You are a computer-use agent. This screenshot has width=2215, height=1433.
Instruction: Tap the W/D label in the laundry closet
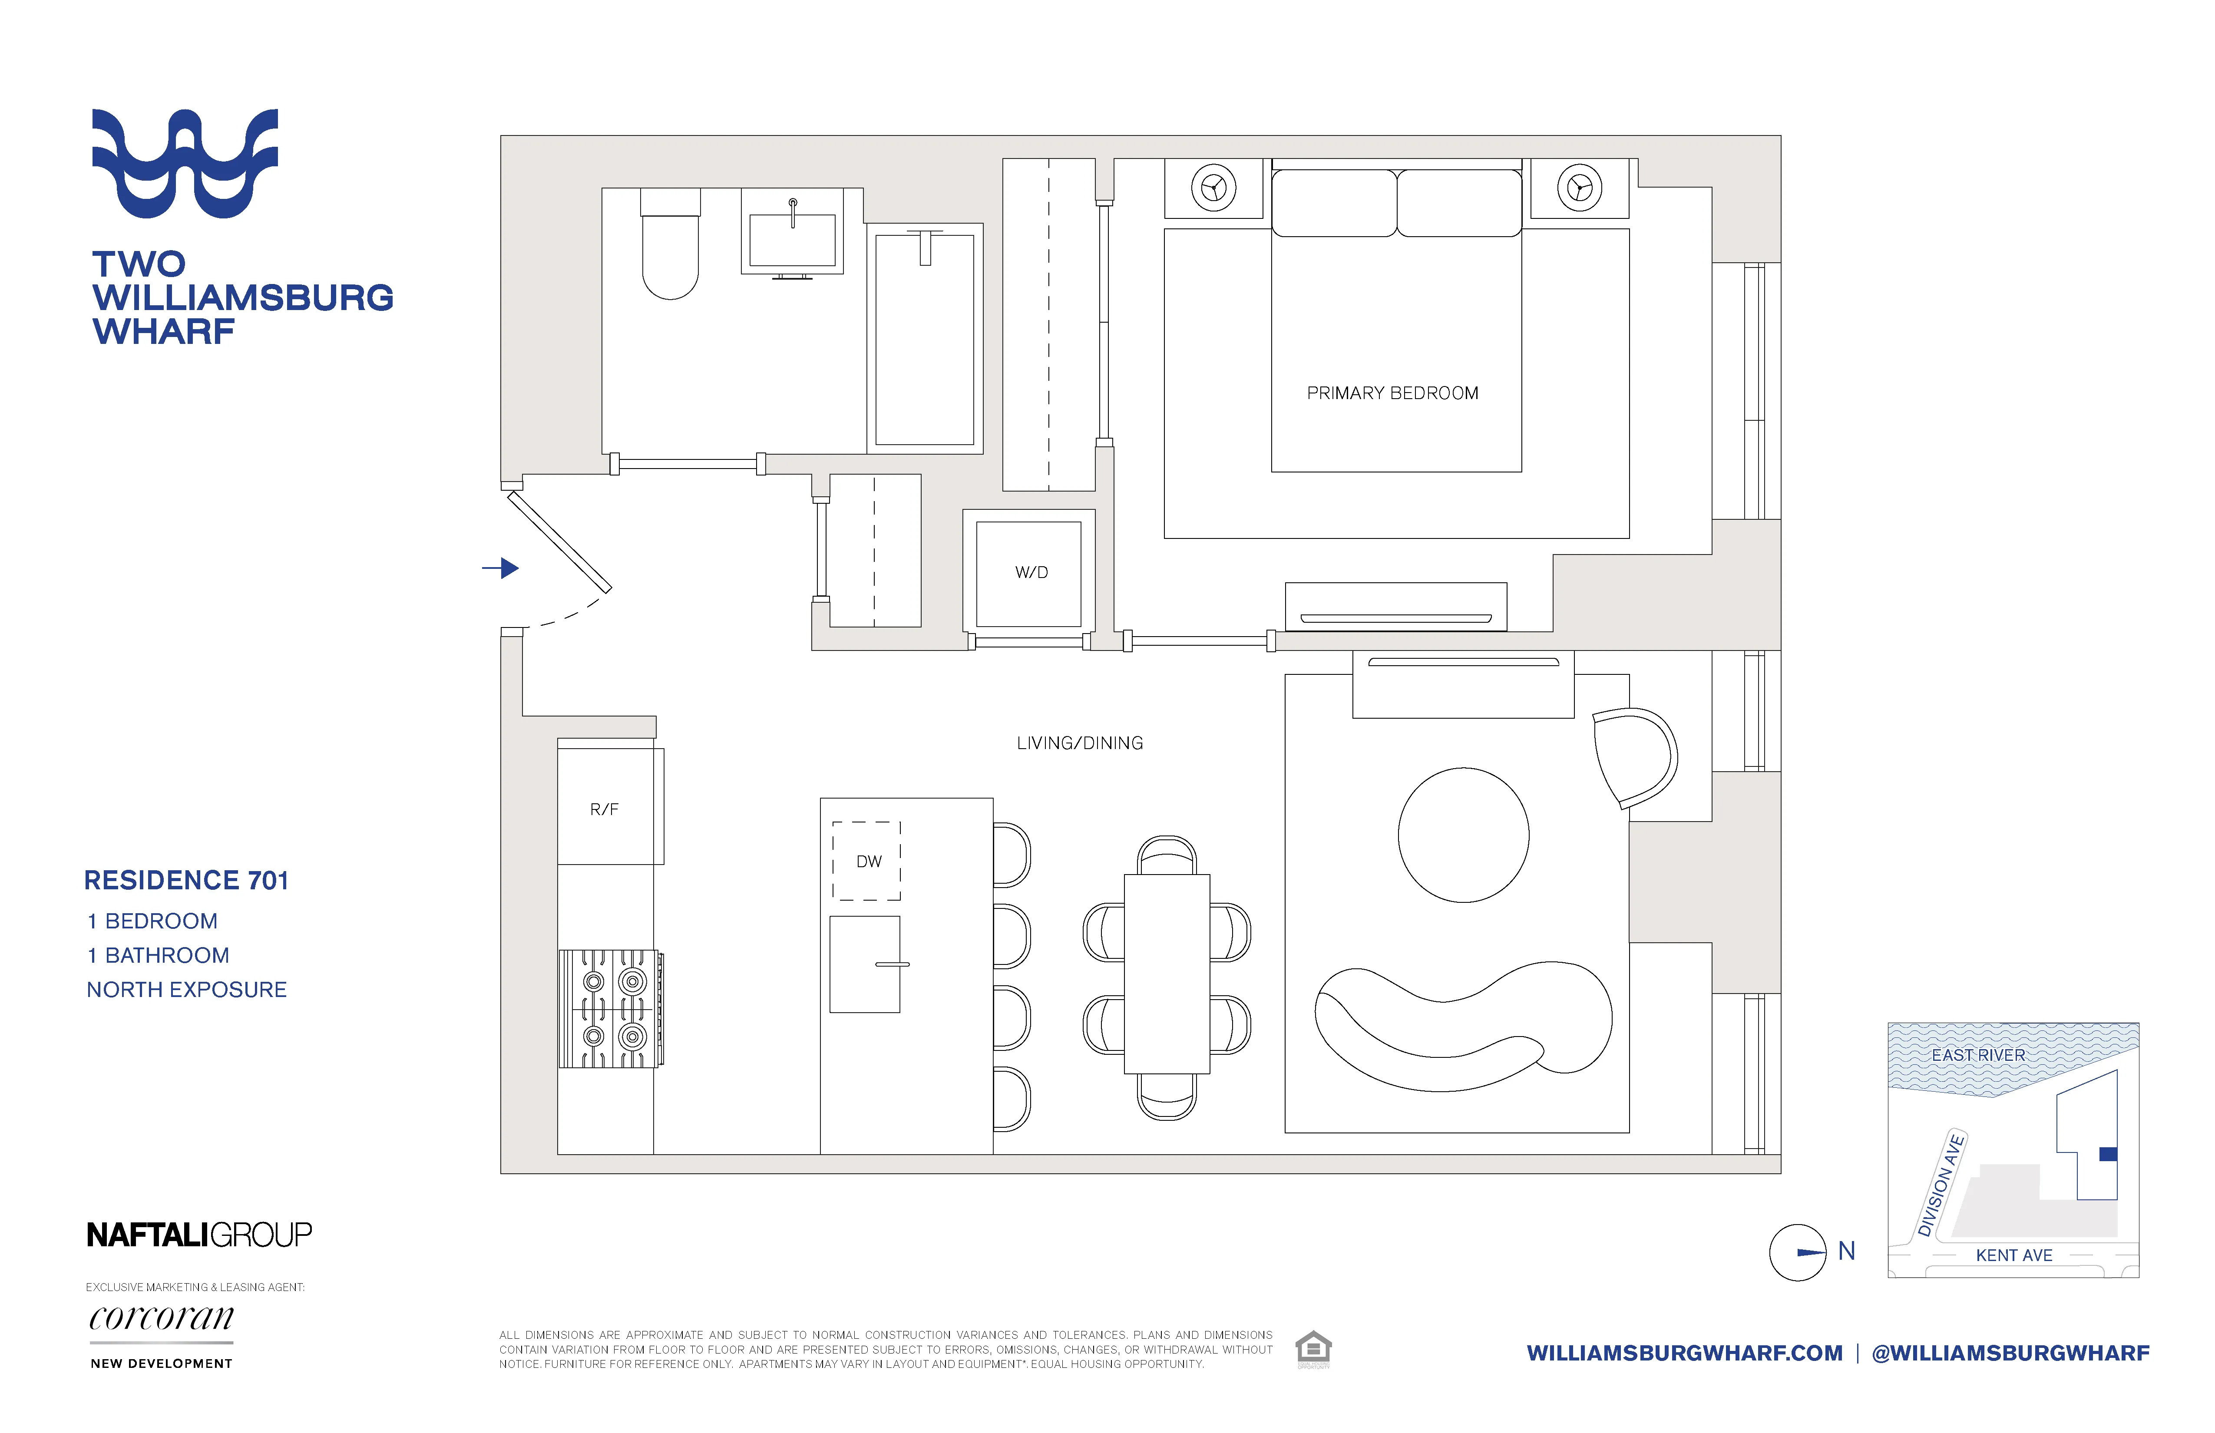pos(1031,572)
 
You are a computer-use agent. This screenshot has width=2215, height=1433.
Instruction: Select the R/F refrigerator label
pos(604,809)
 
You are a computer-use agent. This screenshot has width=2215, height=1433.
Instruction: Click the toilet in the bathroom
pos(670,251)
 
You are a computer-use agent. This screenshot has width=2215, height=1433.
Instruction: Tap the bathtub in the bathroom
pos(924,340)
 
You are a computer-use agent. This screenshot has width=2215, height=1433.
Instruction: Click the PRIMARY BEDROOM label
pos(1392,393)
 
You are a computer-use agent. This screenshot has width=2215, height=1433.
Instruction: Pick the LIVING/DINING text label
pos(1080,743)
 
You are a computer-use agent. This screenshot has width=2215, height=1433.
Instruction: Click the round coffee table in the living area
pos(1463,835)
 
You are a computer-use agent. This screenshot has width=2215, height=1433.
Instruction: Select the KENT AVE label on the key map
pos(2014,1255)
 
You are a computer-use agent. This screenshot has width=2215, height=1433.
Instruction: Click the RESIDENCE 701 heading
pos(186,880)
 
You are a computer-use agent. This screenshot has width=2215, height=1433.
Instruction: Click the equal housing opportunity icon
pos(1313,1349)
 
